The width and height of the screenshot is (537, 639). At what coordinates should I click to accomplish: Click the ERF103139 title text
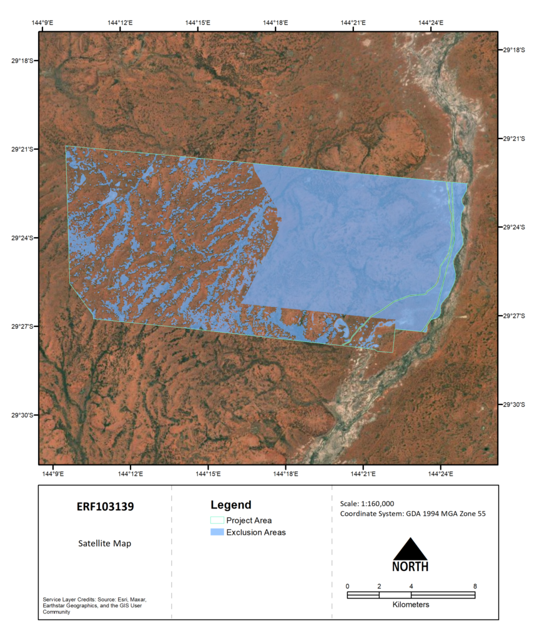(105, 507)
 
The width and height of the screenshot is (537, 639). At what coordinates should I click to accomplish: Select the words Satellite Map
(105, 544)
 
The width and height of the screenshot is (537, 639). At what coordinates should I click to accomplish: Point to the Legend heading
(230, 505)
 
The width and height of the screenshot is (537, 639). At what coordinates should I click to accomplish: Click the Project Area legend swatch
(217, 520)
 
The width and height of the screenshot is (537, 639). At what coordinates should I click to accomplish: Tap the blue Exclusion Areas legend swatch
(217, 532)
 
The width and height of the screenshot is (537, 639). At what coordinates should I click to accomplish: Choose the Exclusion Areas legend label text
(256, 532)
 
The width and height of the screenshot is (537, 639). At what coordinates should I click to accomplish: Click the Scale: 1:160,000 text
(367, 504)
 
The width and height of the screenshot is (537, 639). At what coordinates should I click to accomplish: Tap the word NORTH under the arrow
(410, 567)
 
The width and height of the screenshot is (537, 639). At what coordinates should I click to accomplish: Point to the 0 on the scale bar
(347, 586)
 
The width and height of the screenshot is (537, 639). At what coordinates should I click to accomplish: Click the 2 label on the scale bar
(379, 586)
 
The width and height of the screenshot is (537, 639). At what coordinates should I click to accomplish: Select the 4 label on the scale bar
(411, 586)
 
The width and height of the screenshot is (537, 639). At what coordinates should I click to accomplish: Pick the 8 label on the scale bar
(475, 586)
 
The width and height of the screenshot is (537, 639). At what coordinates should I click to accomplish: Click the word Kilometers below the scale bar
(411, 605)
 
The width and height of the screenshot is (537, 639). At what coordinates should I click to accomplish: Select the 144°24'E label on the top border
(431, 23)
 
